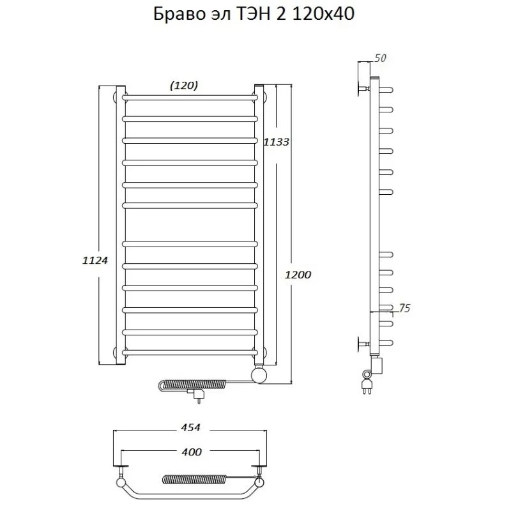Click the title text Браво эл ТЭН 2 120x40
tap(254, 15)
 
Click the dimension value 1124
tap(95, 260)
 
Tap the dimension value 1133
tap(277, 142)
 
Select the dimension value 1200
tap(298, 275)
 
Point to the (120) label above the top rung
tap(183, 85)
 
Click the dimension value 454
tap(191, 427)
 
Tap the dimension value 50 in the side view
tap(380, 59)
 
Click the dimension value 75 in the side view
tap(403, 309)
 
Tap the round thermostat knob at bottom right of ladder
tap(260, 374)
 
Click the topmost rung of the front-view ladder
tap(190, 97)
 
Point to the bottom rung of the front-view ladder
tap(190, 351)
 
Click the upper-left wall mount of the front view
tap(117, 97)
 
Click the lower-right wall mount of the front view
tap(263, 351)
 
